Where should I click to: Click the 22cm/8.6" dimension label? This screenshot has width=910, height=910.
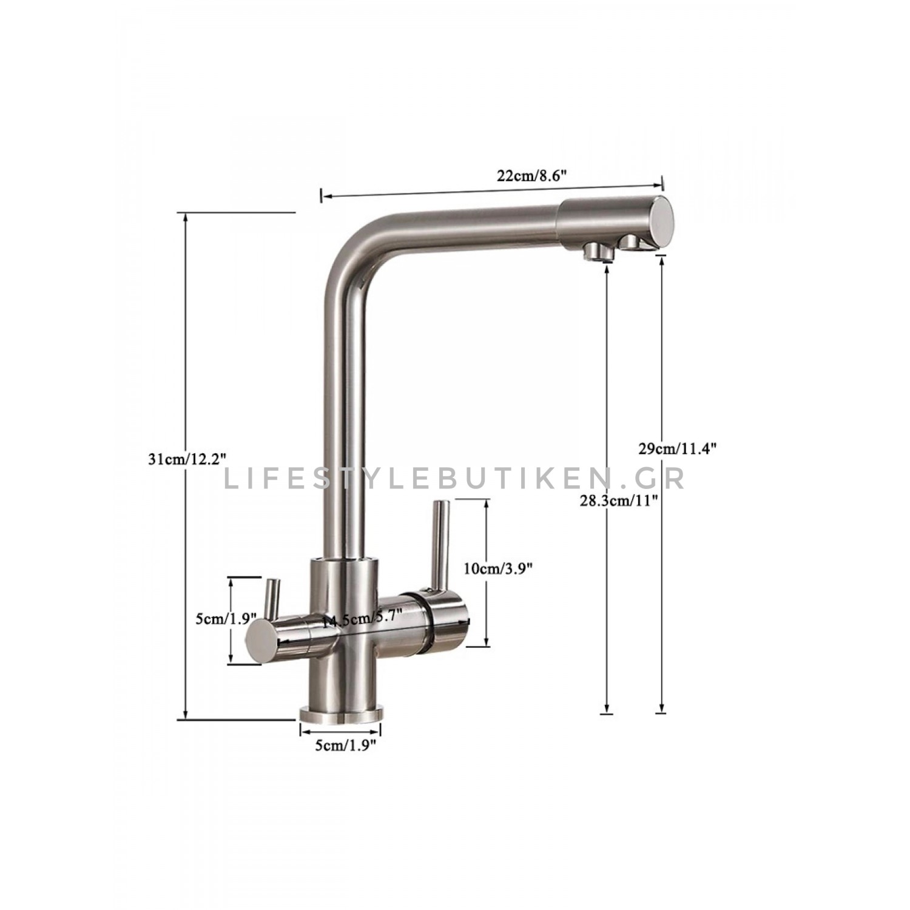point(531,176)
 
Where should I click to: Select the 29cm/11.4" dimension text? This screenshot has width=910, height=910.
point(678,449)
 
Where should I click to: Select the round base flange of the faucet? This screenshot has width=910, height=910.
point(340,714)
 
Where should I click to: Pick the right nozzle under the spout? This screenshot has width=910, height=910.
point(631,244)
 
